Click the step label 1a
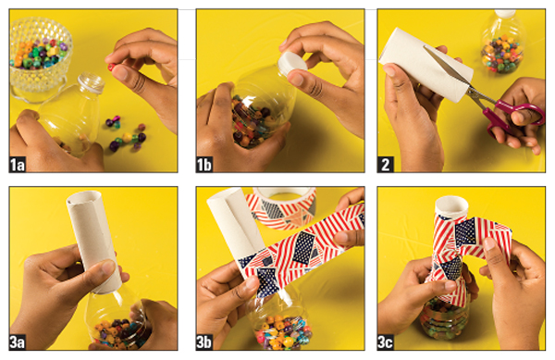click(18, 165)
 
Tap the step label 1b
click(204, 165)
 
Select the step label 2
click(386, 165)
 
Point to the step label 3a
click(18, 342)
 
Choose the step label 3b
click(204, 342)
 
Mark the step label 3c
click(386, 342)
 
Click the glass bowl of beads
click(40, 58)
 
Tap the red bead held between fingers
click(111, 67)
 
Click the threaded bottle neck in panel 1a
click(91, 82)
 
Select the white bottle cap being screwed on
click(291, 63)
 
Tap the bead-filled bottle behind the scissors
click(502, 42)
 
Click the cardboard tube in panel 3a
click(93, 242)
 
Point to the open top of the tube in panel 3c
click(451, 205)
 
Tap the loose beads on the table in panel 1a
click(127, 133)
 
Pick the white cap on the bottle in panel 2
click(504, 14)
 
